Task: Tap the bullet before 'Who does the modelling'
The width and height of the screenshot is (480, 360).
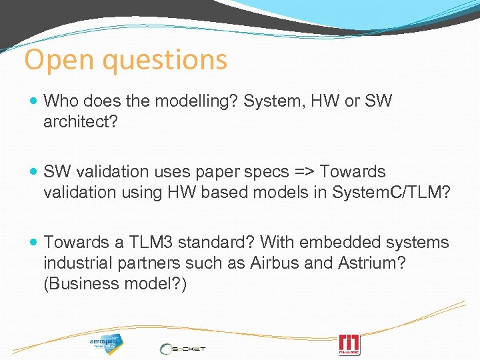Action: click(34, 101)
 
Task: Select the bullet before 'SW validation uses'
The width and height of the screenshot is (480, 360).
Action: click(34, 172)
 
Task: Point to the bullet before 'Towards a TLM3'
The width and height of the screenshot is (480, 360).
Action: click(34, 243)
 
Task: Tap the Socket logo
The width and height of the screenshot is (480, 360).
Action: click(183, 347)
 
